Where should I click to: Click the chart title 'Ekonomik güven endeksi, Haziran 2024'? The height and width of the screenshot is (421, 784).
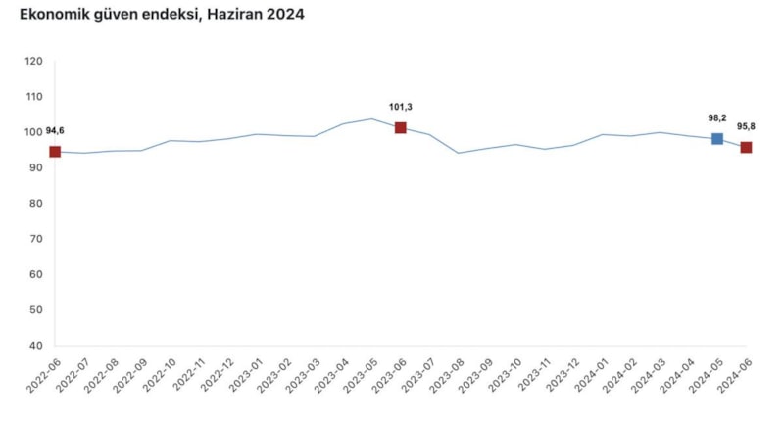tap(163, 16)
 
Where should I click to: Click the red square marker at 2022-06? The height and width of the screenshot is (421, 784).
tap(55, 152)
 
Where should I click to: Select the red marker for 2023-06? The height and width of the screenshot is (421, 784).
tap(401, 128)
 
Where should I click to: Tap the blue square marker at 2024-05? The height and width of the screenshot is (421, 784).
tap(717, 139)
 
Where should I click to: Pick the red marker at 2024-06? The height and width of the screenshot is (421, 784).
tap(746, 148)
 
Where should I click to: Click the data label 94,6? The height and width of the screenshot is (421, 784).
tap(55, 131)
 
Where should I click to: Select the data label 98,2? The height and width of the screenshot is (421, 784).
tap(717, 117)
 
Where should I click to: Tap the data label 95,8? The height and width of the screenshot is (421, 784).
tap(747, 126)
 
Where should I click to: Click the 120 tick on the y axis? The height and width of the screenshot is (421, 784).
tap(34, 62)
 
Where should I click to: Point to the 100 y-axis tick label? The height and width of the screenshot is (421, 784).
tap(34, 132)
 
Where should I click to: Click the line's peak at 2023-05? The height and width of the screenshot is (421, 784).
tap(371, 119)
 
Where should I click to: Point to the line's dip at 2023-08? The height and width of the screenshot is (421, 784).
tap(458, 153)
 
